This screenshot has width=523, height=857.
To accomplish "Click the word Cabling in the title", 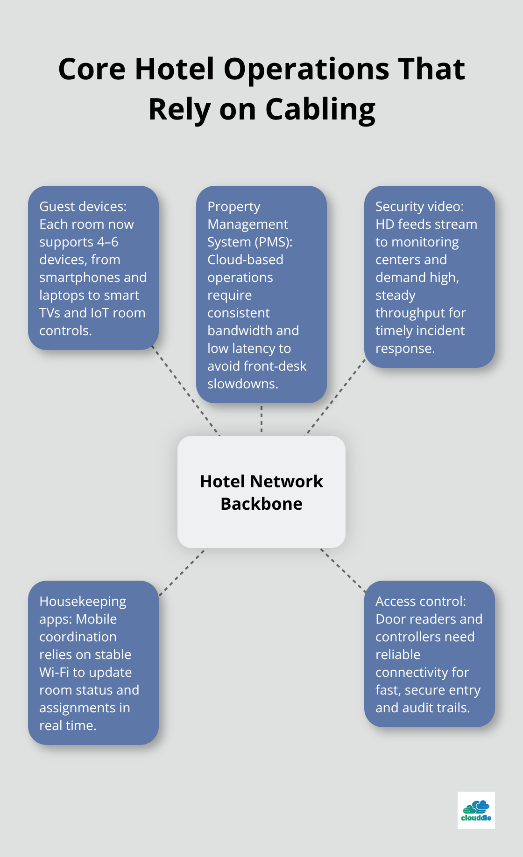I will click(x=320, y=110).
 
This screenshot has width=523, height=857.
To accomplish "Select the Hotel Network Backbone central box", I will click(x=261, y=492).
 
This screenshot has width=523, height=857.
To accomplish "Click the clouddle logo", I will click(x=476, y=810).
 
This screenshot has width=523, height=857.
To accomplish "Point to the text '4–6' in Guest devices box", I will click(x=107, y=242).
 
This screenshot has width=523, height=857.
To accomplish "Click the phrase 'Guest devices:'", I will click(x=83, y=206).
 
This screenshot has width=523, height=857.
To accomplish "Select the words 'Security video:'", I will click(x=419, y=206).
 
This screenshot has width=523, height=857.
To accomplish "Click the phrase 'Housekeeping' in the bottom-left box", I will click(x=83, y=601).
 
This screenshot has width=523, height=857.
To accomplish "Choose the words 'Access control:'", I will click(x=420, y=601).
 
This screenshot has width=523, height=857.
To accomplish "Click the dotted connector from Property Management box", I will click(x=261, y=419).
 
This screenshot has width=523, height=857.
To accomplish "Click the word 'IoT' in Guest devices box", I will click(x=99, y=313).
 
